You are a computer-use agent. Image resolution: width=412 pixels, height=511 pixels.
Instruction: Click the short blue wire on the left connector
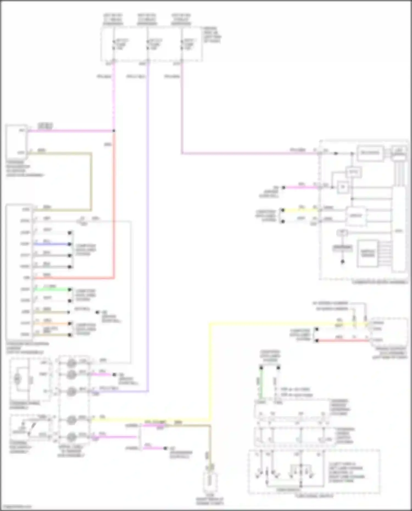tap(52, 244)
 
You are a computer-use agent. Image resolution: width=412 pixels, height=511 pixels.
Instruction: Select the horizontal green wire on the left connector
tap(52, 289)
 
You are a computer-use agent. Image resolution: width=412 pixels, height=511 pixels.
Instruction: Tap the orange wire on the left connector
tap(52, 323)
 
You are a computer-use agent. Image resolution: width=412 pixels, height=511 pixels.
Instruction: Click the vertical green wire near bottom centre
tap(261, 383)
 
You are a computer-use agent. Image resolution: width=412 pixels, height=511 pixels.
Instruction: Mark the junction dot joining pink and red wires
tap(114, 131)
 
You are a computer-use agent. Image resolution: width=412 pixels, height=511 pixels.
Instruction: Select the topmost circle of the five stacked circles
tap(72, 363)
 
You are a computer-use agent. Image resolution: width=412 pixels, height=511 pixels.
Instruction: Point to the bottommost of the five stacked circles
tap(72, 436)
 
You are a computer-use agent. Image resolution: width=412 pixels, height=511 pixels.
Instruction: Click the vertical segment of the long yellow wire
tap(210, 371)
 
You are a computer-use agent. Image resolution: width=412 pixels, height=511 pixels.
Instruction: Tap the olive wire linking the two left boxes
tap(91, 181)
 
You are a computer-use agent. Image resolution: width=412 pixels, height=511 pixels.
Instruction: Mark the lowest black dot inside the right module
tap(343, 261)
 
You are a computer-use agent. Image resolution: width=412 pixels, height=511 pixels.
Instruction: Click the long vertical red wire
tap(113, 206)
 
